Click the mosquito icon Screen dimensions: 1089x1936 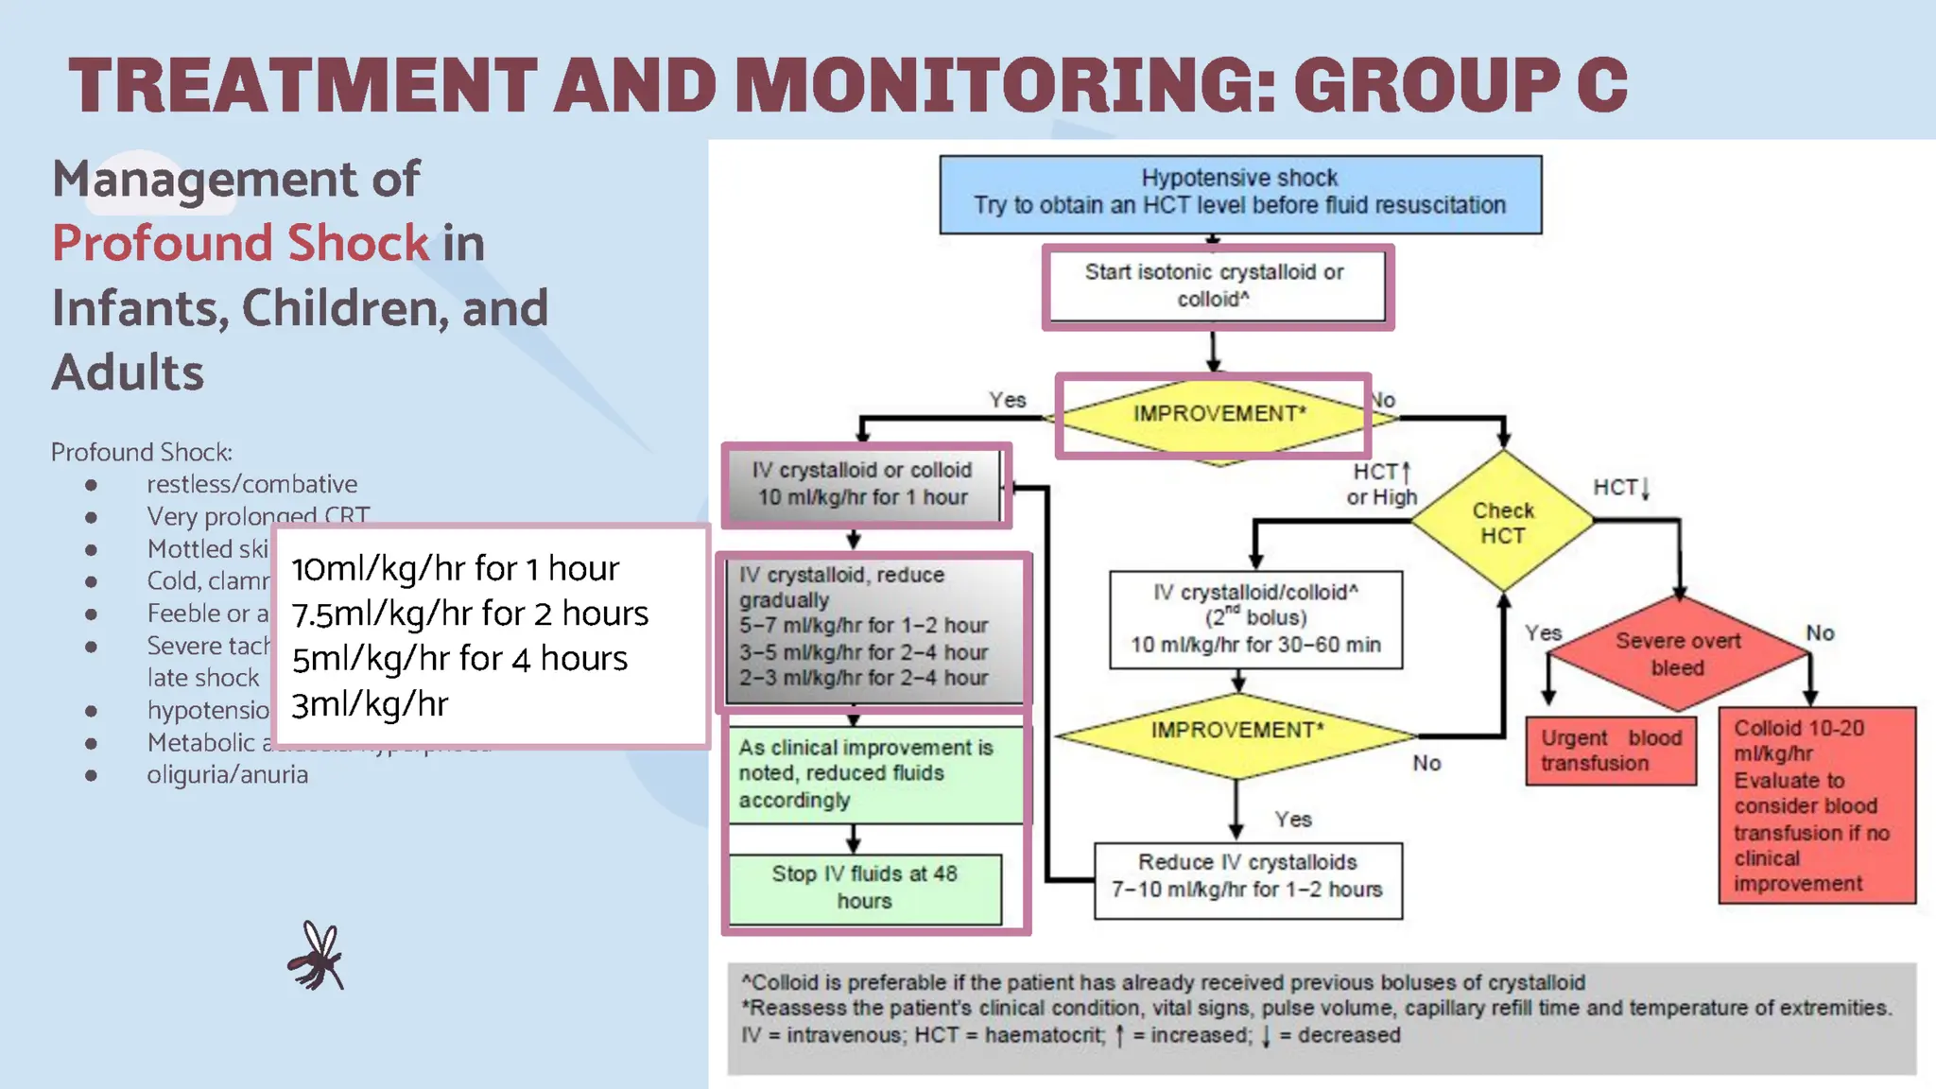[x=317, y=957]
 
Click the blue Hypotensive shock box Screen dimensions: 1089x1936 [x=1239, y=194]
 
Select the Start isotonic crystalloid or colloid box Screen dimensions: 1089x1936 [x=1216, y=285]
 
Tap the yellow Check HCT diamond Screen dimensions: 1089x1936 [x=1502, y=522]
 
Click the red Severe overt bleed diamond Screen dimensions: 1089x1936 [x=1678, y=653]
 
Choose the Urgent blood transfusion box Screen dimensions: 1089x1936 [x=1610, y=751]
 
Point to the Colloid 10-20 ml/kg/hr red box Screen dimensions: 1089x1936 [x=1816, y=805]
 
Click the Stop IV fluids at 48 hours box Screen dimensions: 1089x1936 [x=865, y=888]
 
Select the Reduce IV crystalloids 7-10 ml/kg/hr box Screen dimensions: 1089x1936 [x=1247, y=876]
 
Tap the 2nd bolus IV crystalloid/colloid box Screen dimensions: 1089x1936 [x=1254, y=618]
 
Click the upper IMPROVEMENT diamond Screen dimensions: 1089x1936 [x=1218, y=415]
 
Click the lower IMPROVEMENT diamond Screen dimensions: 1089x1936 [x=1236, y=732]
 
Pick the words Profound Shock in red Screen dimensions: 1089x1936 [x=241, y=244]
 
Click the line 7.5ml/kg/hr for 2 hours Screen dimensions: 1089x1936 [x=470, y=614]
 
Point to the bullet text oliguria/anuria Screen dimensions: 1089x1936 [x=227, y=775]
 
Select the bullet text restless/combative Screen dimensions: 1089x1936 [x=251, y=484]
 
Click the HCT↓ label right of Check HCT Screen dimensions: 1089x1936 [x=1620, y=488]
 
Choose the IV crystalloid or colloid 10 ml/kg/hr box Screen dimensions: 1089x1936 [x=862, y=484]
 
